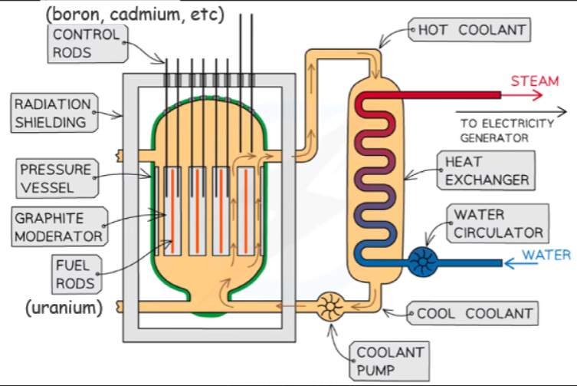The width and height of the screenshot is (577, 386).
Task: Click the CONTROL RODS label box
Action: (87, 43)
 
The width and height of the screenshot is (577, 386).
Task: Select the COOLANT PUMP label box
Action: (389, 361)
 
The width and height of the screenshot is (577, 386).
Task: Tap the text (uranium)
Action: (64, 308)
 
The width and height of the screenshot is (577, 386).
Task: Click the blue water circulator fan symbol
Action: (421, 262)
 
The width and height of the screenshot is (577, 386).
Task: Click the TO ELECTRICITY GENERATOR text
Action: (507, 130)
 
